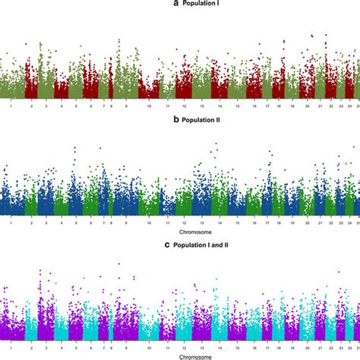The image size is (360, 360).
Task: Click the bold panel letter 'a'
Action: pyautogui.click(x=154, y=5)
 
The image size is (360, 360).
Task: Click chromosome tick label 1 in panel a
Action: pyautogui.click(x=11, y=107)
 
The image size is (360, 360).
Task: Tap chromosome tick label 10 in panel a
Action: pyautogui.click(x=150, y=107)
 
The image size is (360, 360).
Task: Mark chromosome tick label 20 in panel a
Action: pyautogui.click(x=307, y=107)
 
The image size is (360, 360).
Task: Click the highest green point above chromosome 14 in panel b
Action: pyautogui.click(x=216, y=143)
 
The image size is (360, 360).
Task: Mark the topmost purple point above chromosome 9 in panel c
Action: pyautogui.click(x=118, y=264)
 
